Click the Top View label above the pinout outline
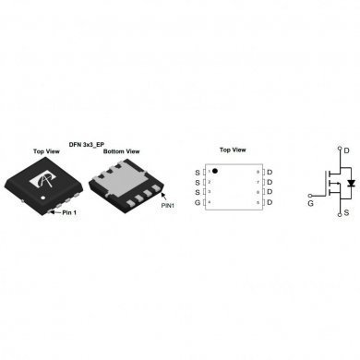tap(232, 150)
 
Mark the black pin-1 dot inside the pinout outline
tap(215, 171)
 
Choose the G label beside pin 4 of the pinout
tap(197, 201)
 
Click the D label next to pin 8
tap(269, 172)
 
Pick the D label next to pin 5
tap(269, 201)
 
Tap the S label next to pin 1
tap(197, 172)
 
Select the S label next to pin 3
tap(197, 191)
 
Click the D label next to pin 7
tap(269, 182)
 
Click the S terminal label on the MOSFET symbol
tap(345, 212)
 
